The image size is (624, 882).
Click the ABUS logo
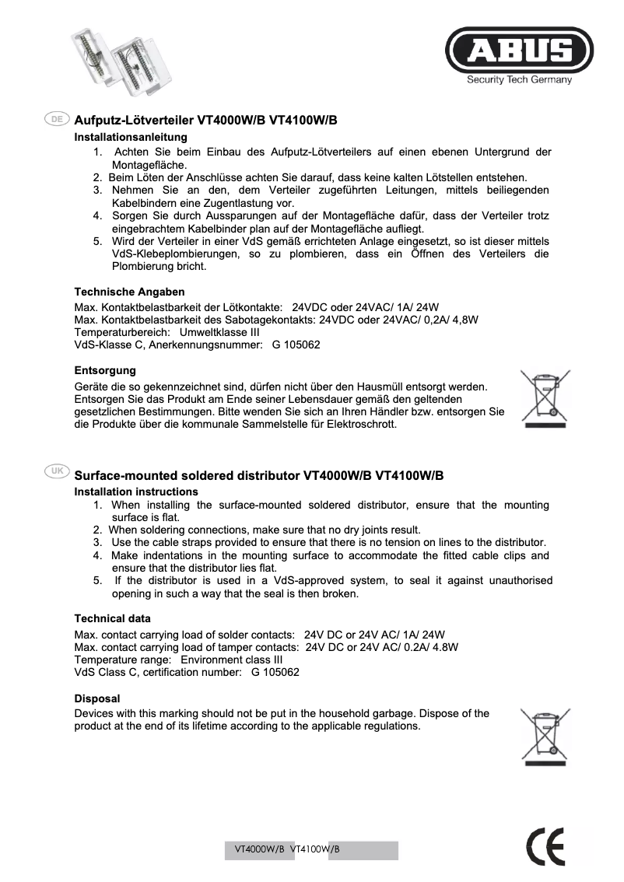click(x=519, y=51)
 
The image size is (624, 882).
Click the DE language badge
click(x=57, y=119)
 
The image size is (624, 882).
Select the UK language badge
click(x=57, y=472)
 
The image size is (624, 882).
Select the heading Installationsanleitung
click(x=130, y=137)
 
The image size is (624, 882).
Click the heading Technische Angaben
click(x=129, y=292)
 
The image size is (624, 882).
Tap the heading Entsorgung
click(x=105, y=370)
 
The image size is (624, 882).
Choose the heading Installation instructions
click(x=135, y=492)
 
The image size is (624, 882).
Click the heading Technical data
click(x=112, y=618)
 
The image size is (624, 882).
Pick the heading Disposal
click(x=96, y=698)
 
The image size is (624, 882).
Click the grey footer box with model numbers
click(x=311, y=850)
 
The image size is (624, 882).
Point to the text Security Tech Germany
click(x=519, y=79)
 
